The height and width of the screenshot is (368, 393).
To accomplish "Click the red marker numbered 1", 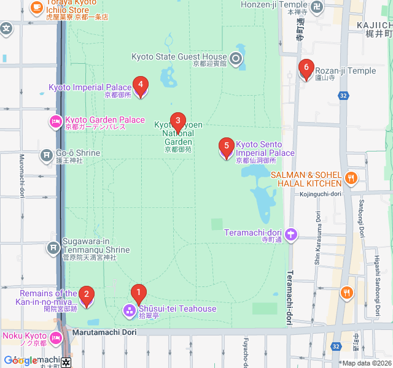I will [x=139, y=293].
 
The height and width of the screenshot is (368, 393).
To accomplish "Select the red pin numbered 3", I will [x=177, y=121].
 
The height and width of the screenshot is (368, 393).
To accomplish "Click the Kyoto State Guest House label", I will [x=179, y=57].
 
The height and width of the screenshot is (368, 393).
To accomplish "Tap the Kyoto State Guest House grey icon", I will [x=236, y=58].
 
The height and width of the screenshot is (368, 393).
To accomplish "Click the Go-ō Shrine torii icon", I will [x=47, y=156].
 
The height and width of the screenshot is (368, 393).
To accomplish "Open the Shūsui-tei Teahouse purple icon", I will [x=130, y=311].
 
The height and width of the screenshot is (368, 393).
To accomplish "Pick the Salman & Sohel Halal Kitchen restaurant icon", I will [x=351, y=178].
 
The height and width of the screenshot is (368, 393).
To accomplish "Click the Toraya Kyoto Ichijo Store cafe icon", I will [x=37, y=7].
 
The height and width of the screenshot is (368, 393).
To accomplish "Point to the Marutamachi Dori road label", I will [x=103, y=332].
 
